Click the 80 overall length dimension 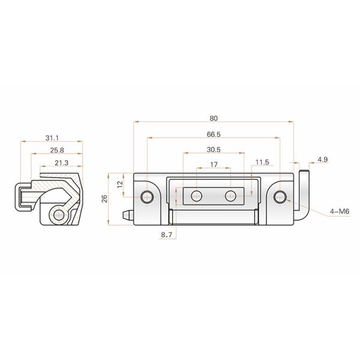(x=214, y=118)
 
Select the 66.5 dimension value (x=214, y=134)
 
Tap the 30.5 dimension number (x=213, y=149)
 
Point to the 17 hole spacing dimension (x=213, y=164)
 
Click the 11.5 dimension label (x=262, y=163)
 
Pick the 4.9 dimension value (x=322, y=159)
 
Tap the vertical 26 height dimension (x=105, y=200)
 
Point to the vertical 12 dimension (x=120, y=183)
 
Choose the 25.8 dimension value (x=58, y=150)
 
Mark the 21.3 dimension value (x=61, y=163)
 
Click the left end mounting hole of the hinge (x=146, y=196)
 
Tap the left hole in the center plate (x=196, y=196)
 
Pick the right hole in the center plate (x=230, y=196)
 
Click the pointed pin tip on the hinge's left (x=127, y=214)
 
